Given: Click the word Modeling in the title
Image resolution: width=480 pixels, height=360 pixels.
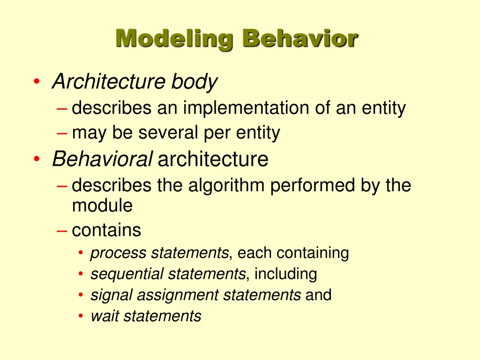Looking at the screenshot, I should click(x=174, y=38).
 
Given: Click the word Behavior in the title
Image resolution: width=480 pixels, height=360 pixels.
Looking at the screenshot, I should click(x=300, y=38).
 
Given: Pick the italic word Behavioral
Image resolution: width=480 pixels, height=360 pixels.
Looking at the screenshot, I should click(x=102, y=159).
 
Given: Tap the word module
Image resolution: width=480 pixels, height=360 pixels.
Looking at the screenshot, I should click(x=102, y=205).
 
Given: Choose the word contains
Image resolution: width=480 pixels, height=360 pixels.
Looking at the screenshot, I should click(x=106, y=230).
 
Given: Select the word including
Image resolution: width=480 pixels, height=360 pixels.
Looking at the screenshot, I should click(x=285, y=274).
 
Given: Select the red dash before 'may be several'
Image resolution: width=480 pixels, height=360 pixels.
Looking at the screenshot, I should click(x=62, y=134).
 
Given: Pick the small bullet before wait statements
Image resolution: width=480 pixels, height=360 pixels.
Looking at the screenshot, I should click(x=81, y=316).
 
